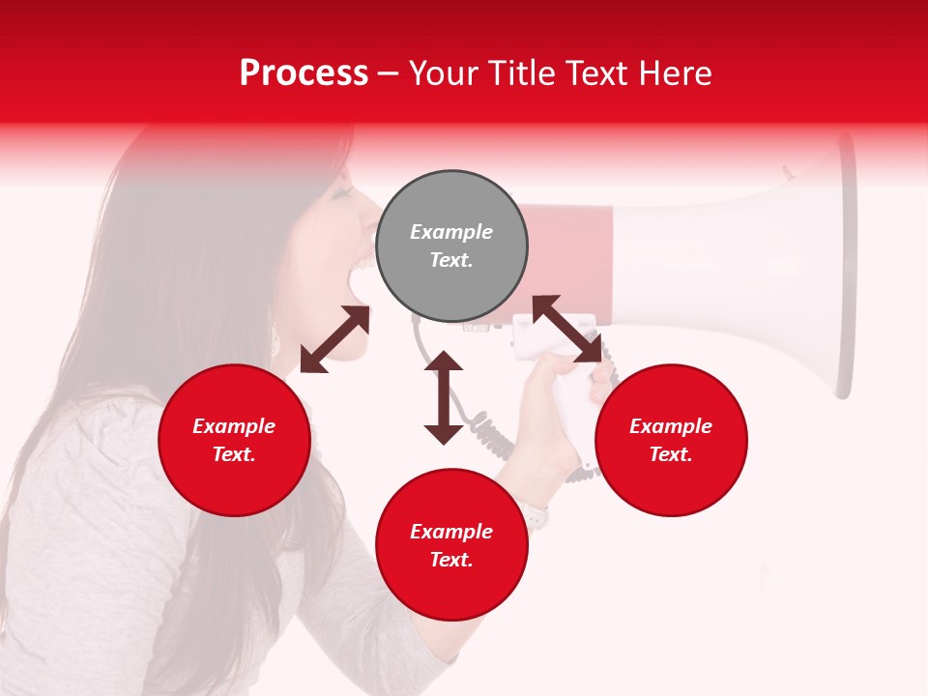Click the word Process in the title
click(304, 73)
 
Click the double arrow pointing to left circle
click(334, 339)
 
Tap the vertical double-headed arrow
click(444, 397)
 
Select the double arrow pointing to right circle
click(566, 329)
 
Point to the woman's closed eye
click(340, 193)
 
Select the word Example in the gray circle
click(451, 232)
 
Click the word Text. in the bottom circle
click(451, 560)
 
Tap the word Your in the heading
click(443, 73)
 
